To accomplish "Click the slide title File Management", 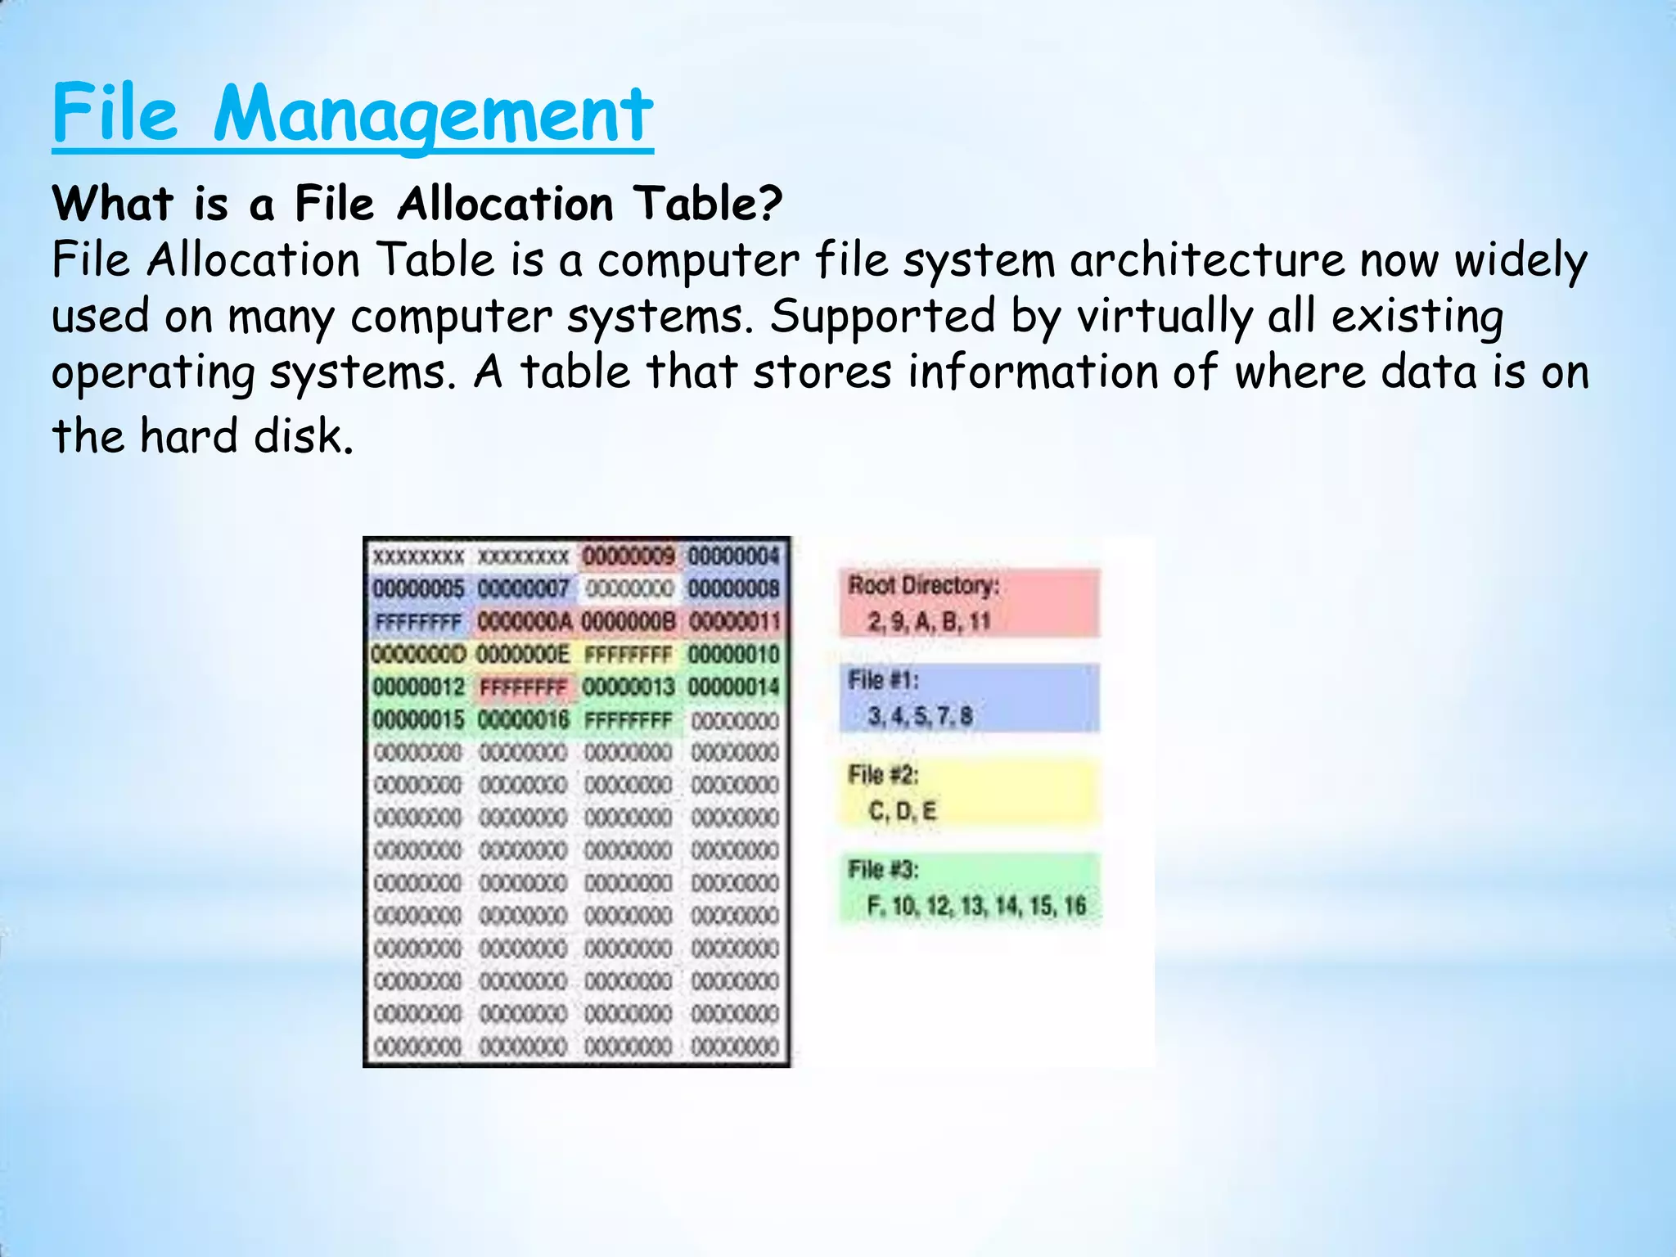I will pyautogui.click(x=353, y=114).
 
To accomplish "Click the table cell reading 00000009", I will pyautogui.click(x=628, y=557).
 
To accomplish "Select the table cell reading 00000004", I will pyautogui.click(x=734, y=557).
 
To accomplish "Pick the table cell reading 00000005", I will pyautogui.click(x=418, y=589).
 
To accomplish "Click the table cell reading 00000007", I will pyautogui.click(x=523, y=589).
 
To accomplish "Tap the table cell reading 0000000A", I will pyautogui.click(x=524, y=622).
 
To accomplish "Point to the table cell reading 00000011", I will pyautogui.click(x=734, y=622).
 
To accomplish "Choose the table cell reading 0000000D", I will pyautogui.click(x=418, y=655).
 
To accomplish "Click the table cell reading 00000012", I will pyautogui.click(x=418, y=687).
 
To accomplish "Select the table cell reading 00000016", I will pyautogui.click(x=523, y=720).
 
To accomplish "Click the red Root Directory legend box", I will pyautogui.click(x=969, y=603).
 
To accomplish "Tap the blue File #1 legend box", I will pyautogui.click(x=969, y=698).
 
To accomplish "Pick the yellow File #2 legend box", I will pyautogui.click(x=969, y=793).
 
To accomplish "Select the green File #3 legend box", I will pyautogui.click(x=969, y=888).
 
